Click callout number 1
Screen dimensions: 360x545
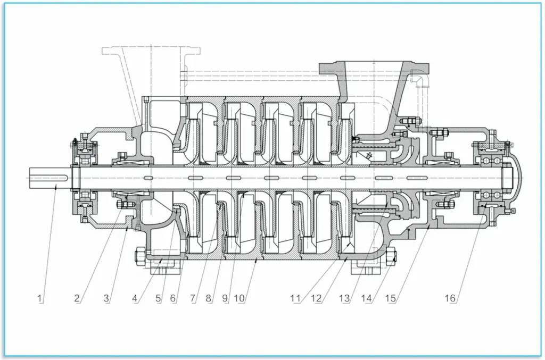[40, 298]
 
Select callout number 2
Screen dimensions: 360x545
[77, 298]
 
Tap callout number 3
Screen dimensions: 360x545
[106, 298]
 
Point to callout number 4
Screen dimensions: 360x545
[136, 298]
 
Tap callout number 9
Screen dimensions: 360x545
[225, 298]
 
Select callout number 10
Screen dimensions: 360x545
[240, 298]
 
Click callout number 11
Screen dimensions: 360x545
[296, 298]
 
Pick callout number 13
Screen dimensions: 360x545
[345, 298]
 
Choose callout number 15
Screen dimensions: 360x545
[391, 298]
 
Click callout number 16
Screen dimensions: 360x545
[450, 298]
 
